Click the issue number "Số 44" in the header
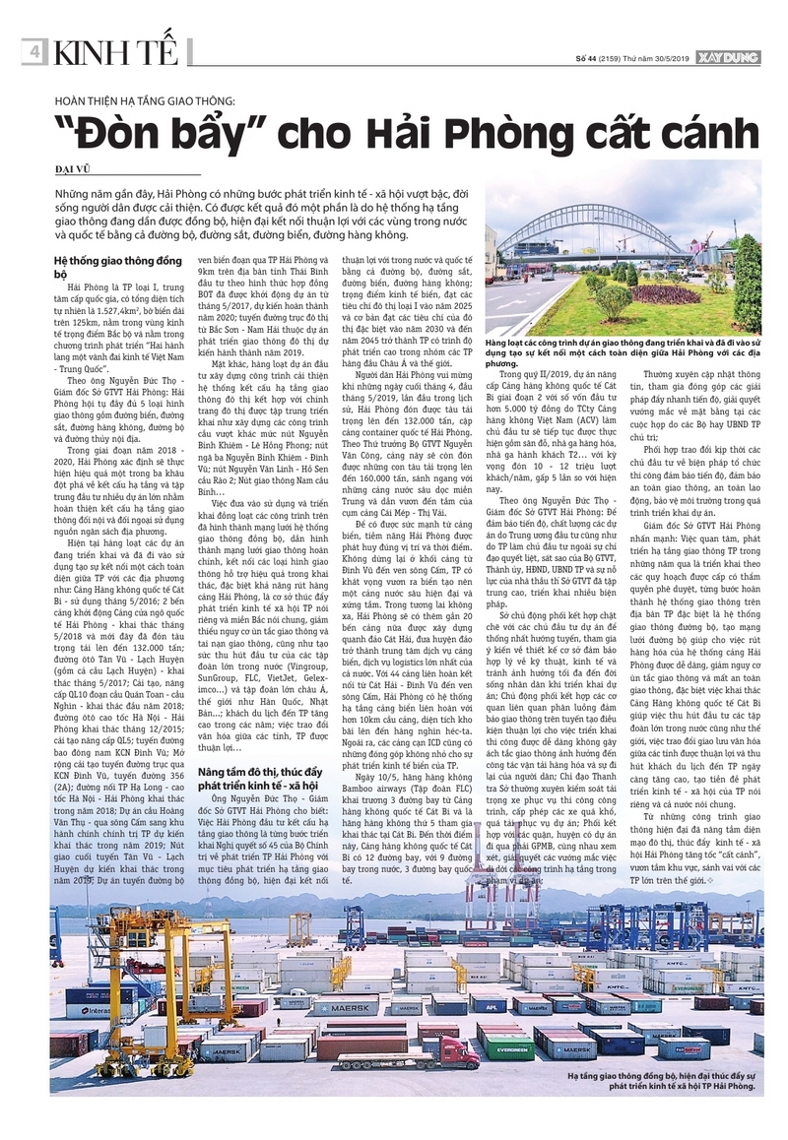pyautogui.click(x=588, y=59)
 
